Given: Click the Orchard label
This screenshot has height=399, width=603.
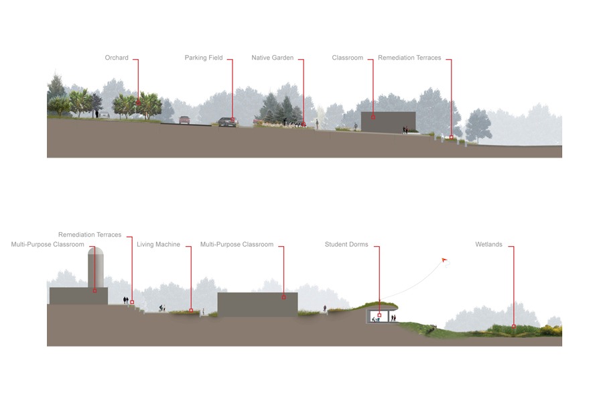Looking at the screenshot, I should coord(117,58).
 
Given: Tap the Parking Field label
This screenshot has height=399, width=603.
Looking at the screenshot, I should coord(204,58).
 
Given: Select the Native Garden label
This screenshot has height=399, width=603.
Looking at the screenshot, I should coord(273,58).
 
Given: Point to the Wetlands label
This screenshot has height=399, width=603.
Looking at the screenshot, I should coord(489,245).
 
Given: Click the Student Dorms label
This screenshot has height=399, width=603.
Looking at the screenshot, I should coord(346,245).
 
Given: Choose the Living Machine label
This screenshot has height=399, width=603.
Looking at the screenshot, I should coord(158,245).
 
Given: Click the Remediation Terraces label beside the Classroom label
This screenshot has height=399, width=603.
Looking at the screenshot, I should coord(409,58).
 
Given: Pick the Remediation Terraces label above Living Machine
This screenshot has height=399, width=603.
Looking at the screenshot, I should coord(90,235).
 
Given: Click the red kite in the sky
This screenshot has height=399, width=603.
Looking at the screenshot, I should coord(444,260).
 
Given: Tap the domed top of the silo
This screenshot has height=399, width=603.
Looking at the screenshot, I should coord(96,252).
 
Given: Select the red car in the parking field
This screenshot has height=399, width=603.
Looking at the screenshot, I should coord(184,120).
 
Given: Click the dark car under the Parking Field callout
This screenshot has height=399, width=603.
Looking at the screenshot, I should coord(226,121).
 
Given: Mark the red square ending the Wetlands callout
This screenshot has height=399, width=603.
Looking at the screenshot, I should coord(514,327).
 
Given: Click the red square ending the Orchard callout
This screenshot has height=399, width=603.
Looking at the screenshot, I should coord(139,103).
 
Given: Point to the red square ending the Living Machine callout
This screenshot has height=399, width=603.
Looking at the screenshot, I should coord(191,310).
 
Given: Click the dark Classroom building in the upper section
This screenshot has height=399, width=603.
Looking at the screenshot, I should coord(388,121).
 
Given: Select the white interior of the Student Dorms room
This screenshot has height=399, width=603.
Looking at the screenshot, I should coord(381,315).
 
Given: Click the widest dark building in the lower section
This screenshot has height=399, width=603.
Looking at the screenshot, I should coord(257,304).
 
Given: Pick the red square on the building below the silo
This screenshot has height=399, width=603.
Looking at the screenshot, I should coord(95,291).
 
